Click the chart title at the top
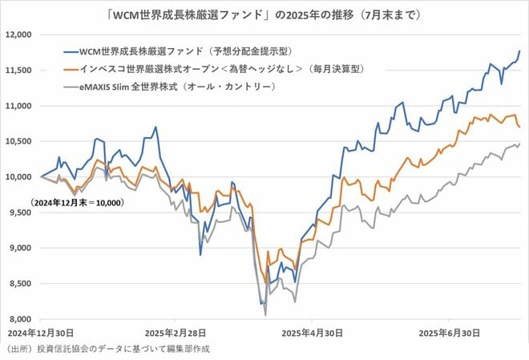264,14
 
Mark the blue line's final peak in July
519,51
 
